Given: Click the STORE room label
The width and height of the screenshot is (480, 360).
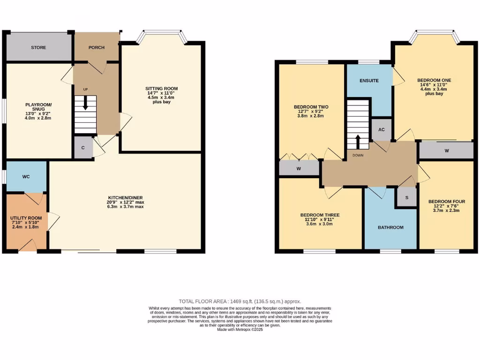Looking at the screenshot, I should click(38, 47).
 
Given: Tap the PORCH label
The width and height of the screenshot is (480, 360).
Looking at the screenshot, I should click(97, 47).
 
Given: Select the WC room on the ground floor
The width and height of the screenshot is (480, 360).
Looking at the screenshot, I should click(26, 177).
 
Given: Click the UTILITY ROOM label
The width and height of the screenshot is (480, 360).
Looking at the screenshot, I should click(26, 218).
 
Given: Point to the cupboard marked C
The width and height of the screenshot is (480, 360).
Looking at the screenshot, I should click(83, 148).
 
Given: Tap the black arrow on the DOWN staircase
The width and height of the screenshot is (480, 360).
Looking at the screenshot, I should click(358, 140).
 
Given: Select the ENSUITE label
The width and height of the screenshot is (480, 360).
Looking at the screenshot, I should click(369, 81).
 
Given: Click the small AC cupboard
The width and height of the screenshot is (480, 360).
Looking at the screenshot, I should click(381, 130).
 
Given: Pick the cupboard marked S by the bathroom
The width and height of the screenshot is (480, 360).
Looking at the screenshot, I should click(407, 197).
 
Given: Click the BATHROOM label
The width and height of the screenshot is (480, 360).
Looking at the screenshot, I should click(390, 227).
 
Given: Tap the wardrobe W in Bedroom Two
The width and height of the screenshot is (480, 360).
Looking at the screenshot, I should click(299, 168).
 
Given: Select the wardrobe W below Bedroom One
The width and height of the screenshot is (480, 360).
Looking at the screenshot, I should click(446, 150).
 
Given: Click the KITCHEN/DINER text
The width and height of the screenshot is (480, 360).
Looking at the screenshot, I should click(126, 203).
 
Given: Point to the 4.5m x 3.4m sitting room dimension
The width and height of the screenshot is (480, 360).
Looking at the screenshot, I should click(161, 97).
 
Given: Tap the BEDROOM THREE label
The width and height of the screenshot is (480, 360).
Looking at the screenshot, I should click(320, 215).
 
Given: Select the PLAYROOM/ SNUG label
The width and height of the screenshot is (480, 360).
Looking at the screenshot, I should click(38, 107).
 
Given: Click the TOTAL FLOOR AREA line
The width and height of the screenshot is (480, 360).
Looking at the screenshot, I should click(240, 301).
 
